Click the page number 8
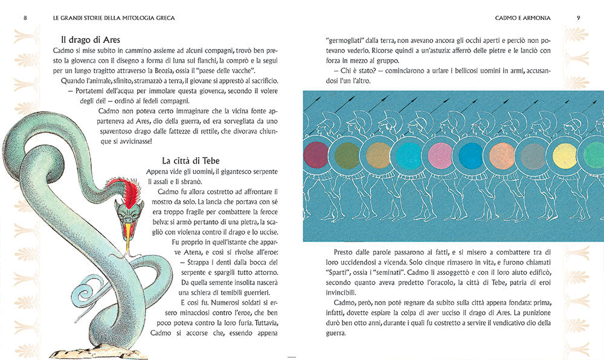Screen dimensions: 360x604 [25, 18]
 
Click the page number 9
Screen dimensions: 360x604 [578, 18]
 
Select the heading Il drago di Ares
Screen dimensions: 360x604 [86, 40]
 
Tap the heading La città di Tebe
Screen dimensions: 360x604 [190, 161]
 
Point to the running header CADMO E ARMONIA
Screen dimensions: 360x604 [523, 18]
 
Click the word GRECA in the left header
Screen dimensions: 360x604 [162, 18]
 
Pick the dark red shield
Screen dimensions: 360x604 [315, 155]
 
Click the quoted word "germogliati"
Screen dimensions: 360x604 [343, 40]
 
